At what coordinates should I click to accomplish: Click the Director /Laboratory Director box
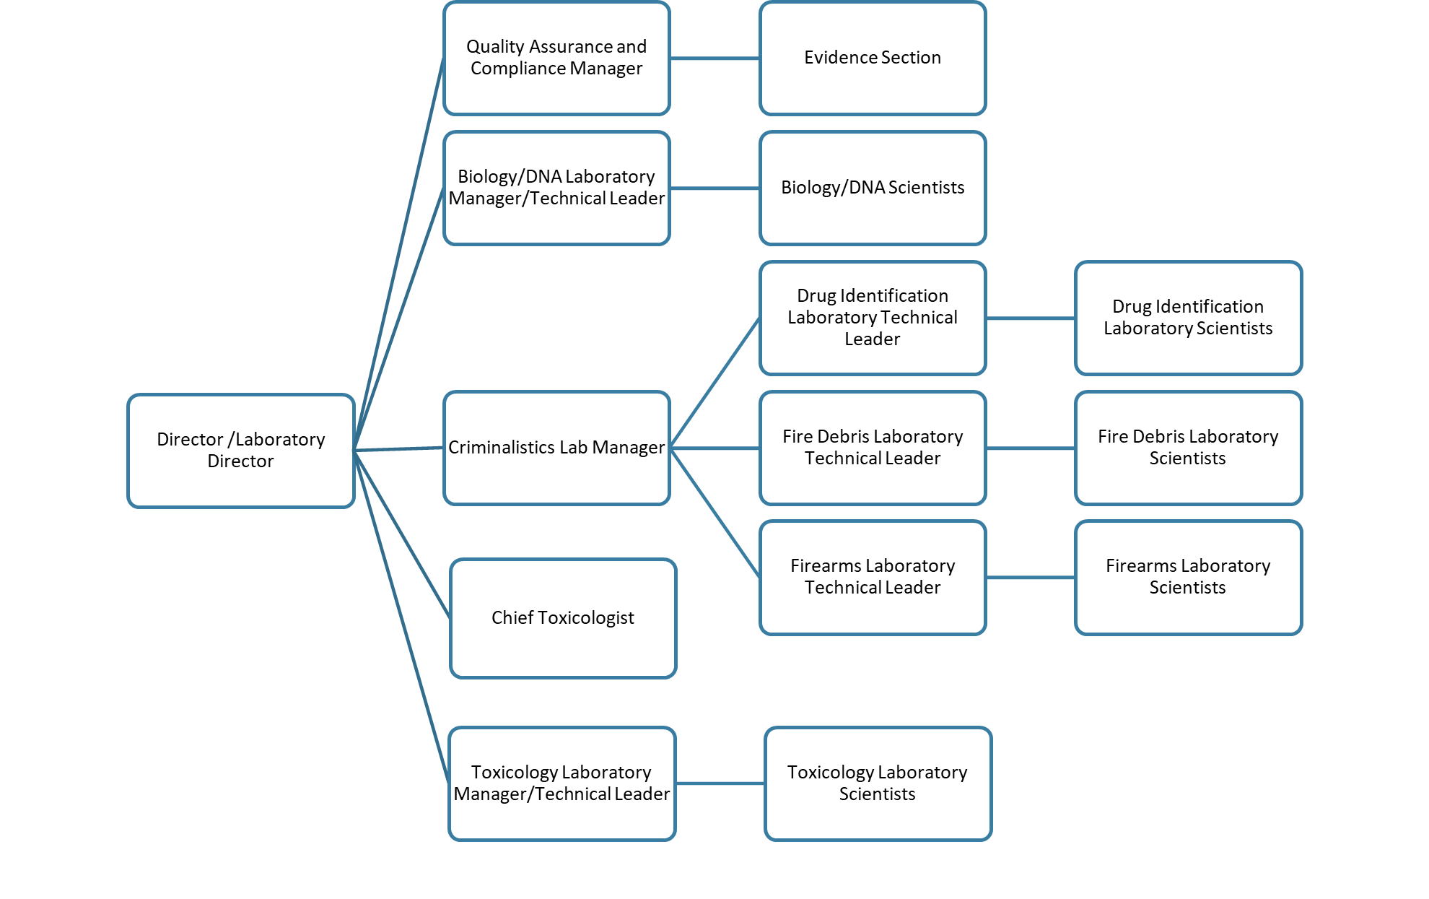click(x=240, y=451)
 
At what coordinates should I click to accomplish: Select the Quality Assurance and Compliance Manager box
click(x=556, y=58)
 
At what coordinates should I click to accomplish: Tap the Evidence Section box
click(x=873, y=58)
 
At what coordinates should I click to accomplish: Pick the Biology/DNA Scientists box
click(x=873, y=188)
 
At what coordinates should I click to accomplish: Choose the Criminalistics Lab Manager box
click(x=556, y=448)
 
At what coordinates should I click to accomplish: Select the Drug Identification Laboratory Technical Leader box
click(x=873, y=318)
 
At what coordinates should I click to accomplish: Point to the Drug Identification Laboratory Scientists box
click(x=1188, y=318)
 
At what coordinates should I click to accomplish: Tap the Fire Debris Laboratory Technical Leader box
click(x=873, y=448)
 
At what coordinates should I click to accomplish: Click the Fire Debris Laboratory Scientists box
click(x=1188, y=448)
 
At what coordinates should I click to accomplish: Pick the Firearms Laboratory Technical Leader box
click(x=873, y=578)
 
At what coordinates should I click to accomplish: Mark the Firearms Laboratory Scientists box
click(x=1188, y=578)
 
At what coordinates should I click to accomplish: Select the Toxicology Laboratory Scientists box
click(x=878, y=783)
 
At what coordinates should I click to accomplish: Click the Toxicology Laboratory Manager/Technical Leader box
click(x=561, y=783)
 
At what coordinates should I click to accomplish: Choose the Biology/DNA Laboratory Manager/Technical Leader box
click(x=556, y=188)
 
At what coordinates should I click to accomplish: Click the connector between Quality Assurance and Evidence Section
click(x=714, y=58)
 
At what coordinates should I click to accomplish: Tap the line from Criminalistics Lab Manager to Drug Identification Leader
click(x=714, y=383)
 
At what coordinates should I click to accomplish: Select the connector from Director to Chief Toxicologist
click(x=402, y=534)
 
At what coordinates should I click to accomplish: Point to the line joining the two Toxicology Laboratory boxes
click(x=720, y=783)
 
